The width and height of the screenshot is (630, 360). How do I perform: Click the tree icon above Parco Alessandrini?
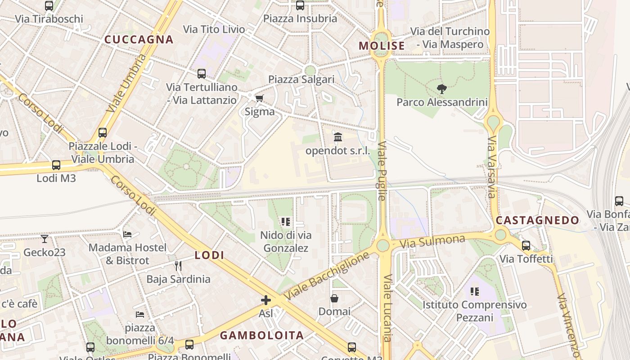442,89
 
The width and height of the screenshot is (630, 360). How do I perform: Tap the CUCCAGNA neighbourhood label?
139,40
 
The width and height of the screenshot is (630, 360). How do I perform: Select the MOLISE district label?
382,46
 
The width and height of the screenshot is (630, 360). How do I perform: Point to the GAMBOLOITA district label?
261,335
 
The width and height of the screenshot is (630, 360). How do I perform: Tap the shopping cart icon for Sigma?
259,99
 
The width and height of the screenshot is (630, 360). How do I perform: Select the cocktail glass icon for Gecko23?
45,238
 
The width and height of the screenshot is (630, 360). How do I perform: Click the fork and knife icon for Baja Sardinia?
178,266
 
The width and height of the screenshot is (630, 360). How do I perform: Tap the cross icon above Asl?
266,300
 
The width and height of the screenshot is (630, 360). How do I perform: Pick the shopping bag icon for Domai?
334,298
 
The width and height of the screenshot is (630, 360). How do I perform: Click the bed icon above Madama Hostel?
127,234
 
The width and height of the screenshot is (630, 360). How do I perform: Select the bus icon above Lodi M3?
56,165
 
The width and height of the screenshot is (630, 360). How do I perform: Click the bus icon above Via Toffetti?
526,246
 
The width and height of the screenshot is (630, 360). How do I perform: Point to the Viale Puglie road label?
382,171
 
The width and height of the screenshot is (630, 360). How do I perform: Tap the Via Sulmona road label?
432,241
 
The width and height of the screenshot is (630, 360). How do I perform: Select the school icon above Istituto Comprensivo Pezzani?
474,292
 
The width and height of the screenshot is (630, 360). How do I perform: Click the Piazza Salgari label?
301,80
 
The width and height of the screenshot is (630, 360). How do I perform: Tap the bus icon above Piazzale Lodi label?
103,133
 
